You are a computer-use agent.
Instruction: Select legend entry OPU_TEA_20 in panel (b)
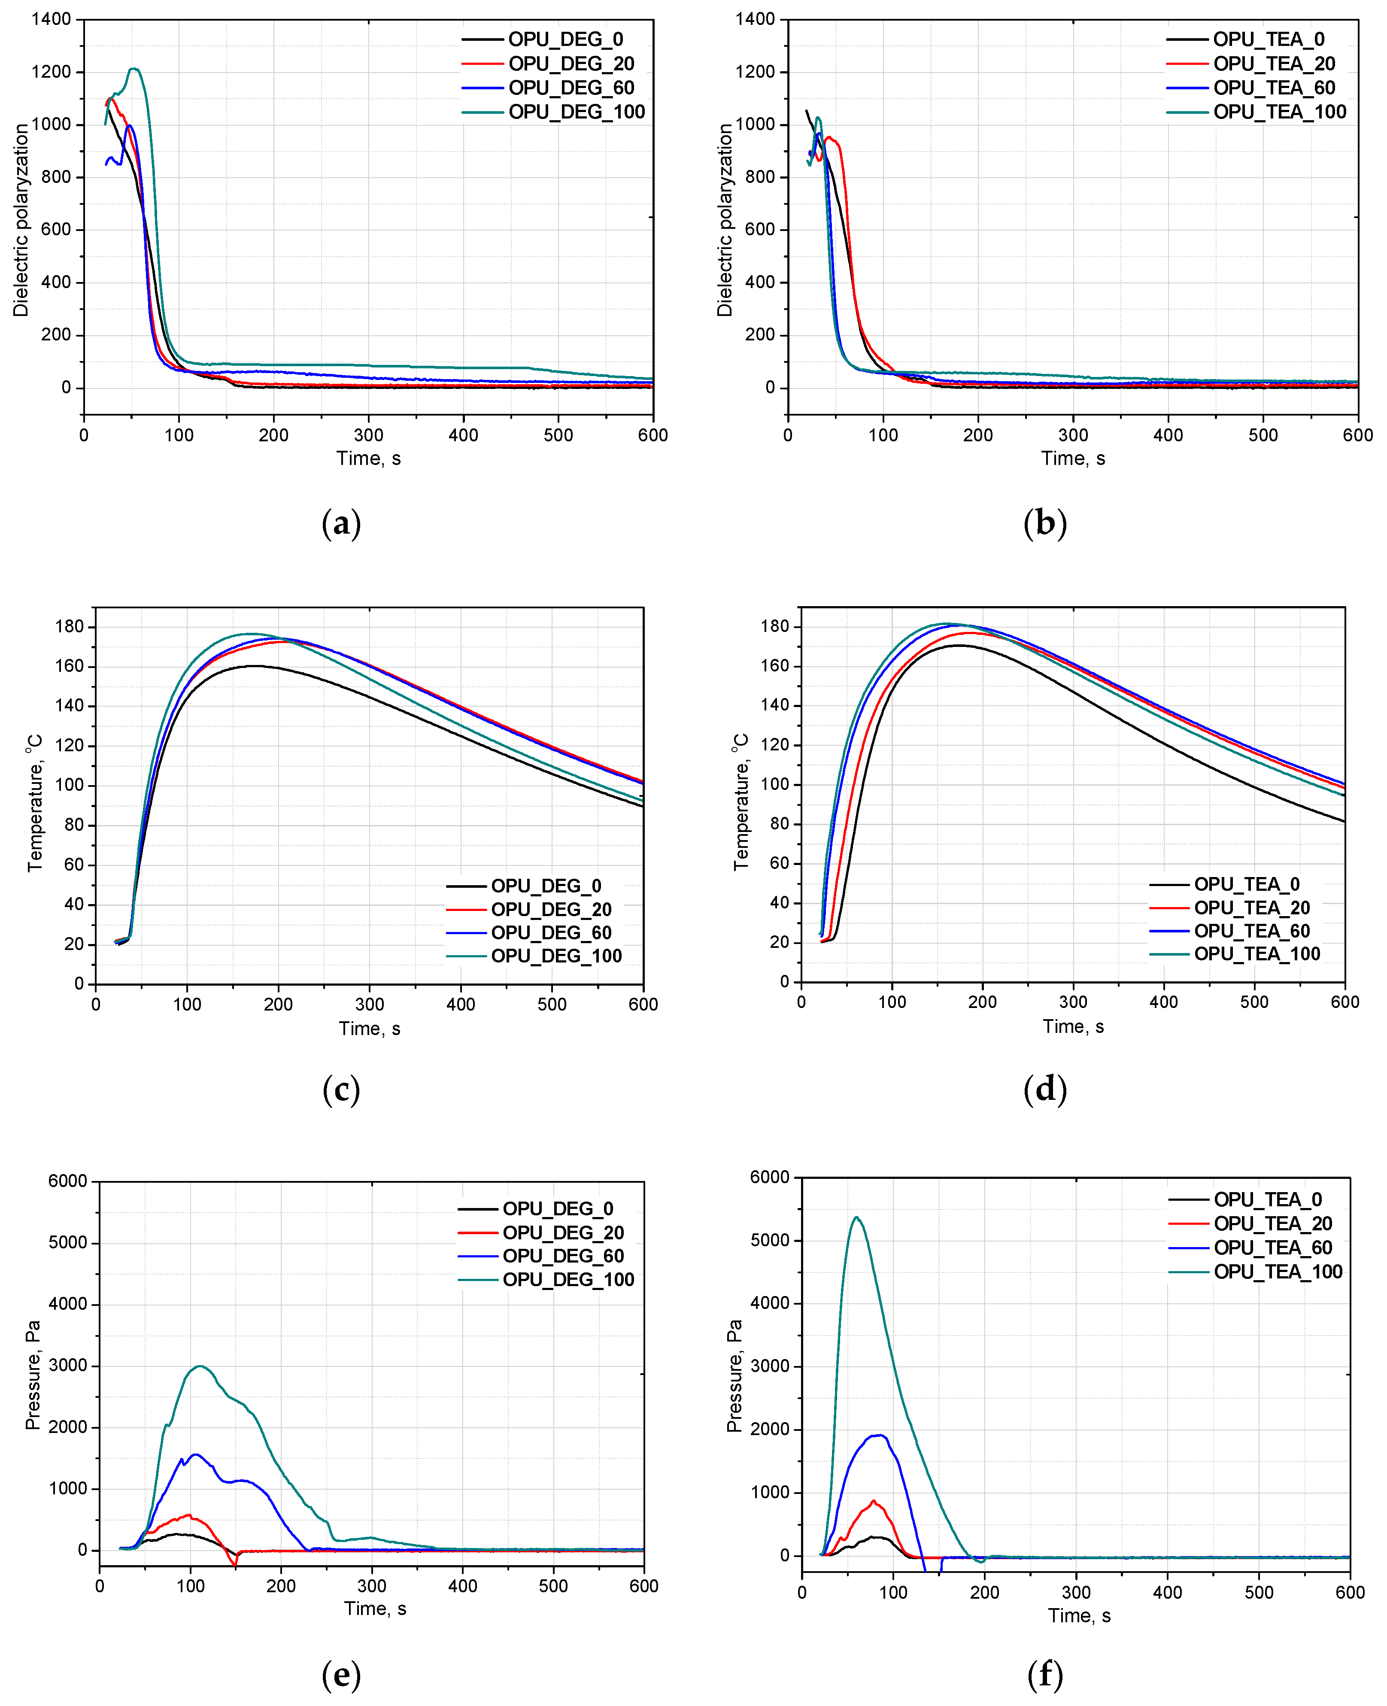pyautogui.click(x=1274, y=63)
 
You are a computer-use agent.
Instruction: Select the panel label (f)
pyautogui.click(x=1044, y=1674)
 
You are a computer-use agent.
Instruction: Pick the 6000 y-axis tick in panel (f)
pyautogui.click(x=768, y=1177)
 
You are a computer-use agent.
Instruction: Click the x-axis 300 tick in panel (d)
pyautogui.click(x=1073, y=1002)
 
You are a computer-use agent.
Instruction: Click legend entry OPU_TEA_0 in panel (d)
pyautogui.click(x=1246, y=884)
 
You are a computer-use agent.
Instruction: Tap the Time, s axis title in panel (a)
pyautogui.click(x=368, y=458)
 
